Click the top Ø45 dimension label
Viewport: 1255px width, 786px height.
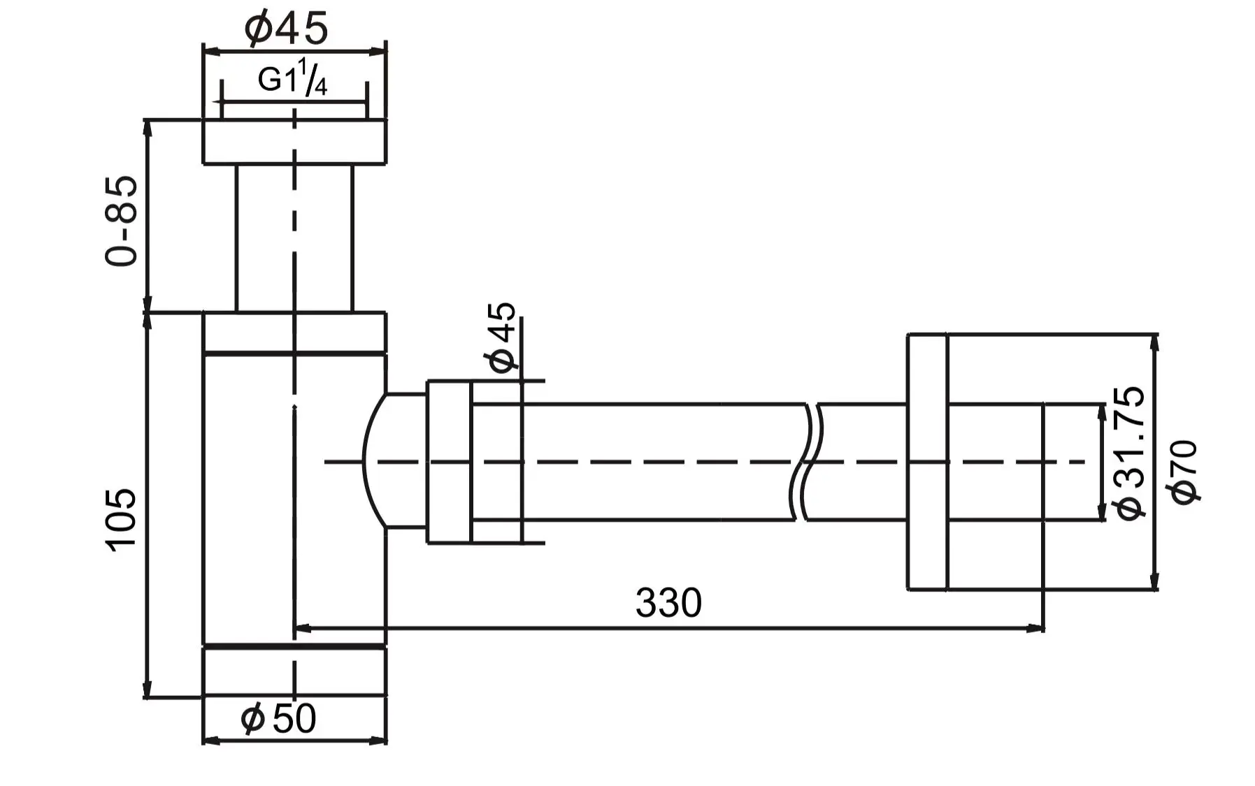coord(287,28)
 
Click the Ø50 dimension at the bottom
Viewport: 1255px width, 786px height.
coord(278,718)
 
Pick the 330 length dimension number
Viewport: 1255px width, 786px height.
coord(668,602)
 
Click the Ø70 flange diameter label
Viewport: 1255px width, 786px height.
coord(1184,471)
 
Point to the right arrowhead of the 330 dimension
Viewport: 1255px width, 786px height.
coord(1036,629)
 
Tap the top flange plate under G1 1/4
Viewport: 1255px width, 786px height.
coord(294,142)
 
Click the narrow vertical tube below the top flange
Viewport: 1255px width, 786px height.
coord(294,238)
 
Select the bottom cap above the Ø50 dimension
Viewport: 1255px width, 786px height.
coord(294,671)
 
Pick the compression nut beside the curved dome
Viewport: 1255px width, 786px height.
coord(449,462)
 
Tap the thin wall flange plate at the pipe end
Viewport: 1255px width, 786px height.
coord(927,462)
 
